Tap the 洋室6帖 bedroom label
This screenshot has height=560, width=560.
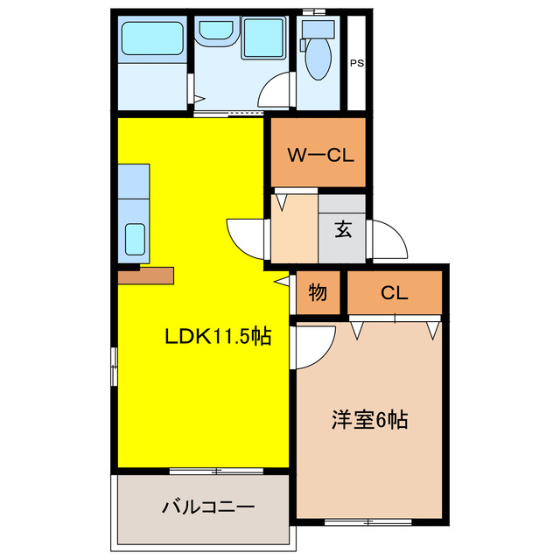[x=369, y=419]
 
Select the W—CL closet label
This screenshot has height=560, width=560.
[x=320, y=157]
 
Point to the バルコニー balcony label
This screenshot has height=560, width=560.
[x=208, y=507]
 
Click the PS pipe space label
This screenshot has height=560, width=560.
[x=357, y=63]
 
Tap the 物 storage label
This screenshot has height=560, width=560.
[x=317, y=293]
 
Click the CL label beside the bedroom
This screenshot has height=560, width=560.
[x=394, y=293]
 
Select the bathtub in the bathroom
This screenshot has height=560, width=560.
[x=151, y=38]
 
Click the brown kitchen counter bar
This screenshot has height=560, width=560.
[x=146, y=276]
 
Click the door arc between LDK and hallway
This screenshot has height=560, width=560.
[x=245, y=236]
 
